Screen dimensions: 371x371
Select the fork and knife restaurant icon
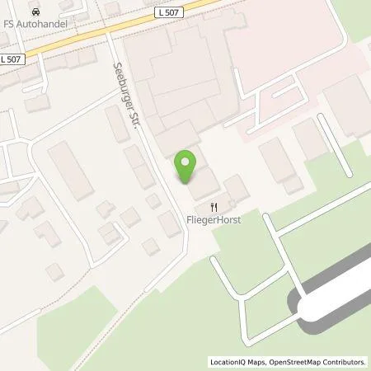(213, 206)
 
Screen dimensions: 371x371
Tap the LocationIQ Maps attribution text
(233, 362)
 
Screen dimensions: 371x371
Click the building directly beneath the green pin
(203, 186)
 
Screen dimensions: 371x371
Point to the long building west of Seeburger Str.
(68, 170)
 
